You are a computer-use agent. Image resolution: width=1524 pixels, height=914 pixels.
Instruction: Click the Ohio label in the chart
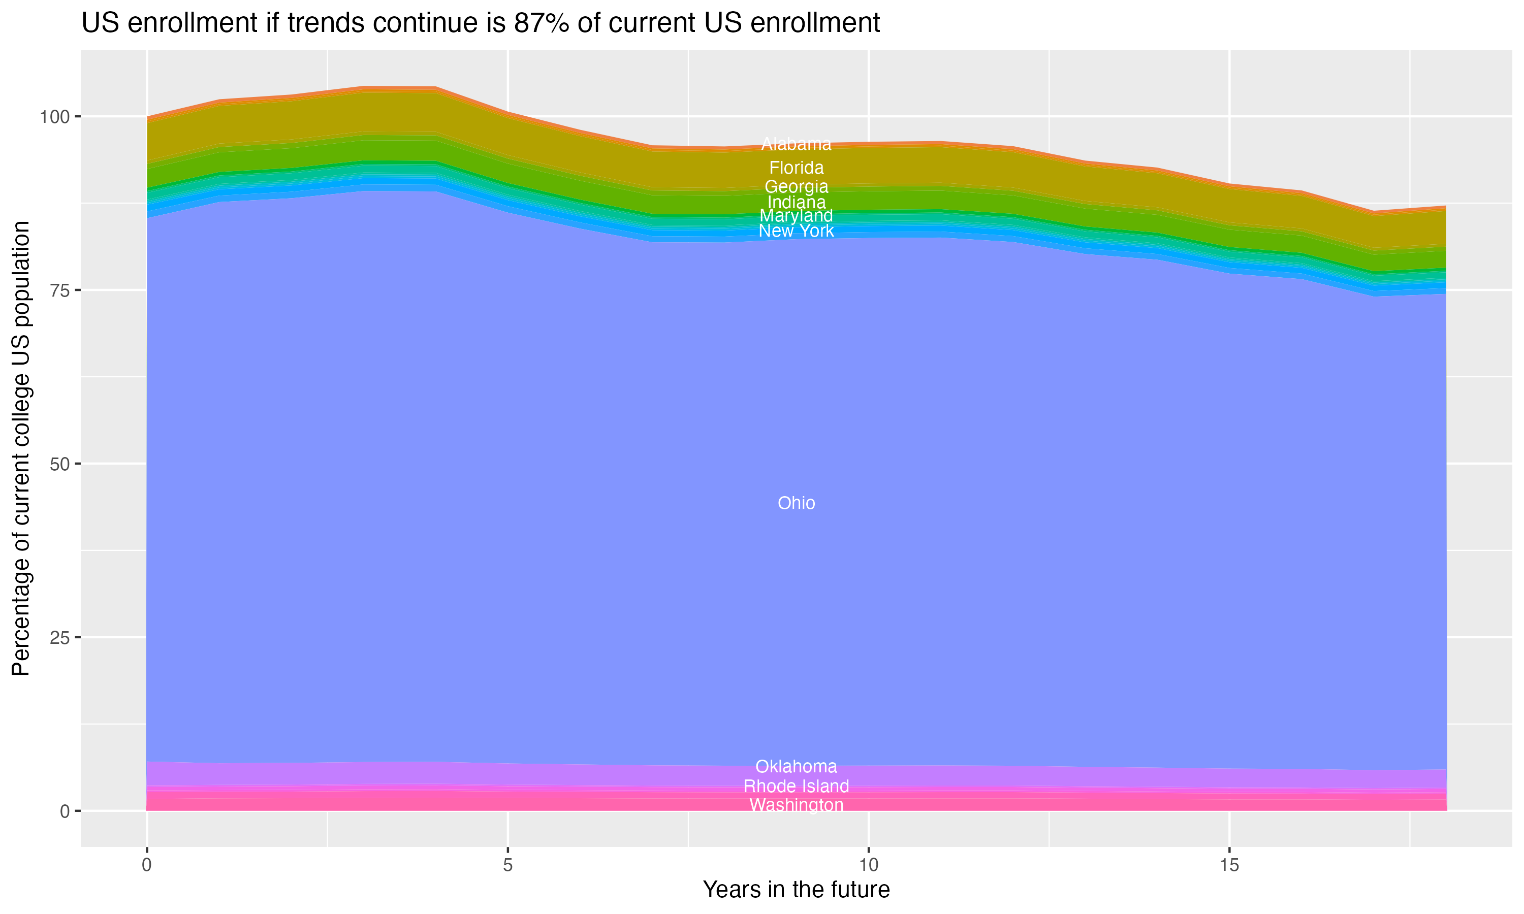pos(796,503)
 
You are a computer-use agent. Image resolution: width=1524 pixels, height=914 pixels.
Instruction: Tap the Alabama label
pos(796,144)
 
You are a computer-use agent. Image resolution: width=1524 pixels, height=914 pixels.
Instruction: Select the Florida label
pos(796,168)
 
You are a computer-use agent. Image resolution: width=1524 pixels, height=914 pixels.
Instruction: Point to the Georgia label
pos(796,187)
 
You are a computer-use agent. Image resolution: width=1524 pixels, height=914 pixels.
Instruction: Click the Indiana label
pos(796,202)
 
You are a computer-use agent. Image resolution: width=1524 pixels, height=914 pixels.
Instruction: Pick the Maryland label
pos(796,216)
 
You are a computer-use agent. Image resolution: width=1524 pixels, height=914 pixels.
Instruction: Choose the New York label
pos(796,231)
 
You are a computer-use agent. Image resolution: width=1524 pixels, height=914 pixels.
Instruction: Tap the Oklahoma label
pos(796,766)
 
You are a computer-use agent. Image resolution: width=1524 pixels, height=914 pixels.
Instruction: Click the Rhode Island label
pos(796,786)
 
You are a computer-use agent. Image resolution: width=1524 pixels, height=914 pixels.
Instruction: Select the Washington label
pos(796,805)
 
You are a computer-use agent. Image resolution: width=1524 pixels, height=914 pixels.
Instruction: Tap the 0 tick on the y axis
pos(64,811)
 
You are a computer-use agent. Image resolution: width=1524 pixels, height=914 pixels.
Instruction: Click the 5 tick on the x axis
pos(507,865)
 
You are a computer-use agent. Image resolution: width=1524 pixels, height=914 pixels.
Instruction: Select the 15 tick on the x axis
pos(1229,865)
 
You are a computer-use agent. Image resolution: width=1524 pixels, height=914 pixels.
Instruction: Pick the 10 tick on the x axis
pos(868,865)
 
